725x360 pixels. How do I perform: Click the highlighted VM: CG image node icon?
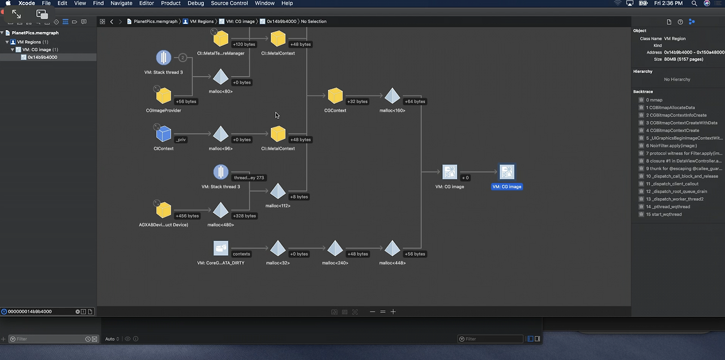point(507,172)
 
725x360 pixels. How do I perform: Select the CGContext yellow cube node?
point(335,96)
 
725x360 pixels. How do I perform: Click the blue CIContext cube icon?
point(164,134)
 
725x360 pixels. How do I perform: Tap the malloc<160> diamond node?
point(393,96)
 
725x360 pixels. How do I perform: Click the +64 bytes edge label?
point(415,101)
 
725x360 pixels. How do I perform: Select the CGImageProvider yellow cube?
point(164,96)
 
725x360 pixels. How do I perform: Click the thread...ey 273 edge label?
point(249,178)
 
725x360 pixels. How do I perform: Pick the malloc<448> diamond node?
point(393,248)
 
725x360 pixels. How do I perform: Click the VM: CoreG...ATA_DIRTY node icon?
point(221,248)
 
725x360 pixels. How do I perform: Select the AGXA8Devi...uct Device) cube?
point(164,210)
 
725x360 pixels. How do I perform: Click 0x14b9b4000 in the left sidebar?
point(42,57)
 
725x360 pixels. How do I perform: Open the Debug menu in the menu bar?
point(196,3)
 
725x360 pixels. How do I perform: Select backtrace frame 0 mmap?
point(654,100)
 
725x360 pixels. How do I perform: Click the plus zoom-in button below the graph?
point(393,312)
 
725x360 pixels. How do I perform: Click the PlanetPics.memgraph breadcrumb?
point(155,22)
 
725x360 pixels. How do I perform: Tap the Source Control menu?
point(229,3)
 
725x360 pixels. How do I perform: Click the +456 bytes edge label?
point(187,216)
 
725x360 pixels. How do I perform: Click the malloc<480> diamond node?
point(221,210)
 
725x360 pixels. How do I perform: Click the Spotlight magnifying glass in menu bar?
point(694,3)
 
